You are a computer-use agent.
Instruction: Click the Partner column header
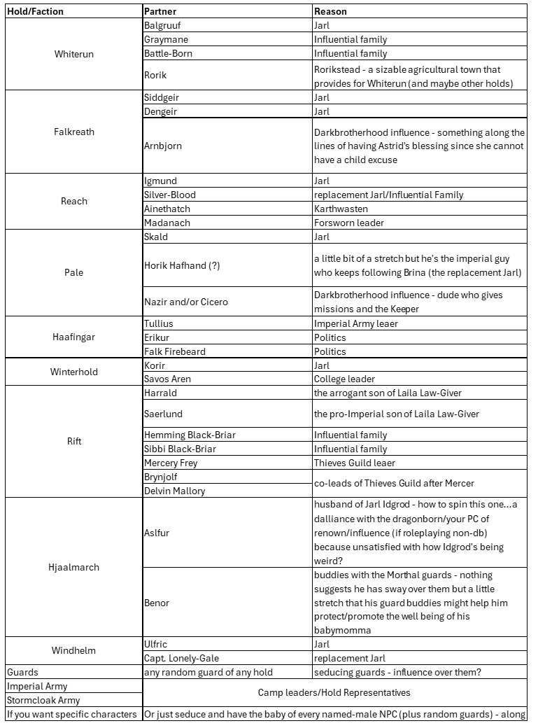click(160, 11)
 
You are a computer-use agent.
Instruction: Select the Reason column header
click(330, 11)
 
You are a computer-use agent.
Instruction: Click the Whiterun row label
click(73, 54)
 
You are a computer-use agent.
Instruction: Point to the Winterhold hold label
click(73, 372)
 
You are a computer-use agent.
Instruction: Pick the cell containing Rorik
click(155, 75)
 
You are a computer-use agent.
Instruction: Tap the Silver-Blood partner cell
click(169, 195)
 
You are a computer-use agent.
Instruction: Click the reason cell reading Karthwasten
click(340, 209)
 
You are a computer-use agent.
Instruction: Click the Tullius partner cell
click(158, 323)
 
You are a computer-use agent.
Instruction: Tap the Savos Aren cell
click(167, 379)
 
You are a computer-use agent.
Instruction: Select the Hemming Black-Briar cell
click(190, 435)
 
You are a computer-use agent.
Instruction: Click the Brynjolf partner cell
click(160, 477)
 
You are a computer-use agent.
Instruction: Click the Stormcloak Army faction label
click(43, 700)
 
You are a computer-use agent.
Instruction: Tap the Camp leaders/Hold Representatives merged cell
click(334, 692)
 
